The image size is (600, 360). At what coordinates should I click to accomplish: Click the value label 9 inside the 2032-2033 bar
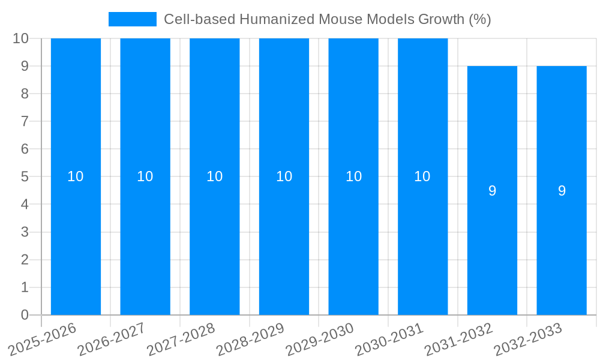562,191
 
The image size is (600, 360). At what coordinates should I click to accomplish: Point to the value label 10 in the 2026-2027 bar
145,176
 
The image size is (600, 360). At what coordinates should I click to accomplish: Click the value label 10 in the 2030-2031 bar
422,176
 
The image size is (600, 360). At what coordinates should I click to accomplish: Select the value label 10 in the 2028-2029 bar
284,176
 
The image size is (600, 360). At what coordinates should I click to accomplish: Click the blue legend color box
132,19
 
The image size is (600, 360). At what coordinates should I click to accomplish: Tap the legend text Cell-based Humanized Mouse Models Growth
327,19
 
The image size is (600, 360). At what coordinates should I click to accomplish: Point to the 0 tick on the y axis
25,315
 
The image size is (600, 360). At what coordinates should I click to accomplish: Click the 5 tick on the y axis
25,177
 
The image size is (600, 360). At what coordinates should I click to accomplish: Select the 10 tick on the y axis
21,38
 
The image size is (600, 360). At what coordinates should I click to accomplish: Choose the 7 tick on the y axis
25,121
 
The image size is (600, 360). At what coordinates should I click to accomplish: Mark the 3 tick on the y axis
25,232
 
